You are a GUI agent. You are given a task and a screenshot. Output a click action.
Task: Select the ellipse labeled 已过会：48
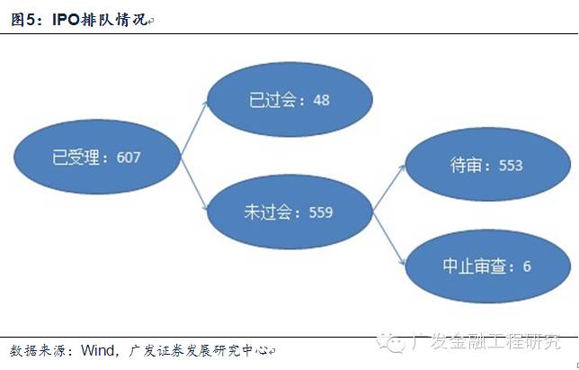pyautogui.click(x=289, y=98)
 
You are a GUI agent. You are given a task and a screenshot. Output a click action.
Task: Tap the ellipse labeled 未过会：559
pyautogui.click(x=288, y=212)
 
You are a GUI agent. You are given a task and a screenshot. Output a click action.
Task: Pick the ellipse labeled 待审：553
pyautogui.click(x=486, y=165)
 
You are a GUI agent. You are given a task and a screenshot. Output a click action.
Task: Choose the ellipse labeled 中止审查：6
pyautogui.click(x=486, y=266)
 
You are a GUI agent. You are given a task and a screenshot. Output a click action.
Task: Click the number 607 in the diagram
pyautogui.click(x=128, y=157)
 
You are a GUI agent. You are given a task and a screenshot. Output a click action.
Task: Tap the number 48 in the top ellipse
pyautogui.click(x=321, y=99)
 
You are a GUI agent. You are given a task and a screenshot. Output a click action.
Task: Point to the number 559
pyautogui.click(x=319, y=213)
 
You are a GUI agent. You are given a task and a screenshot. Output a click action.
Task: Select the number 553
pyautogui.click(x=509, y=166)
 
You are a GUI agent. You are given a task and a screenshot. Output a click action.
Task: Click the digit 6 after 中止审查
pyautogui.click(x=526, y=267)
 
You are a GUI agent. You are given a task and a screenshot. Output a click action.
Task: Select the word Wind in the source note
pyautogui.click(x=98, y=349)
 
